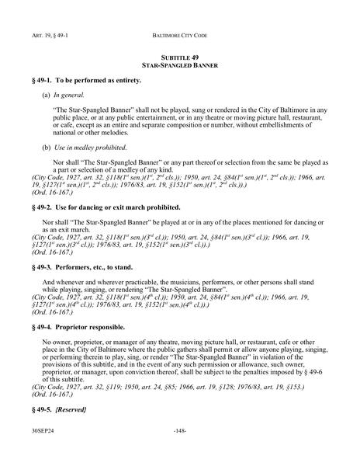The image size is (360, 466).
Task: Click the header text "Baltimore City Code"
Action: point(179,37)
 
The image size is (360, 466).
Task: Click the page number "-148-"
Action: point(179,448)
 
